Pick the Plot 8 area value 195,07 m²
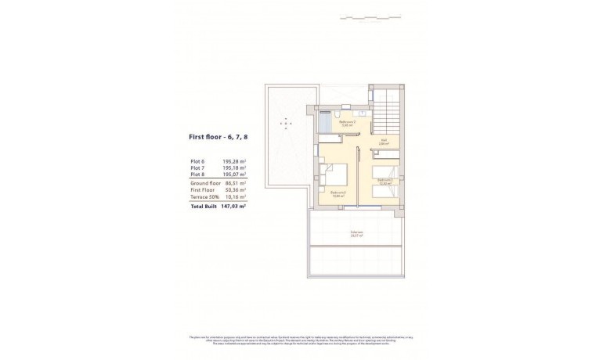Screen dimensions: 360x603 (x=233, y=174)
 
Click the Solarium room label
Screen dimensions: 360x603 (x=356, y=232)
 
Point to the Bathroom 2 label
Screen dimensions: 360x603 (x=348, y=122)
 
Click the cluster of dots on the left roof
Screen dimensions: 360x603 (x=287, y=123)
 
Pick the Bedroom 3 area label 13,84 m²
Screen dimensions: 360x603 (x=338, y=196)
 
